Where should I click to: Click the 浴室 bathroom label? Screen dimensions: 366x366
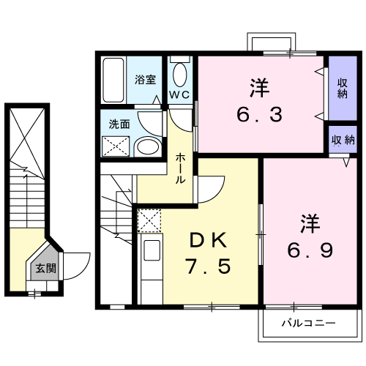point(145,79)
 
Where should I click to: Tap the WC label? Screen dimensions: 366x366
point(179,96)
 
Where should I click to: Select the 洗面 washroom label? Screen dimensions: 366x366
point(119,124)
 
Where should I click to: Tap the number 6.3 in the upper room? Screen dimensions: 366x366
point(259,115)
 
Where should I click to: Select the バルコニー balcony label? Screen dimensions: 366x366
point(308,323)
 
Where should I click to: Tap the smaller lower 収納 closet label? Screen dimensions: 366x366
point(342,140)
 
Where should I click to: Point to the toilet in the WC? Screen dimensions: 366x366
point(180,74)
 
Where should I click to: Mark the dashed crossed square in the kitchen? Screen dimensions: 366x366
point(149,220)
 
